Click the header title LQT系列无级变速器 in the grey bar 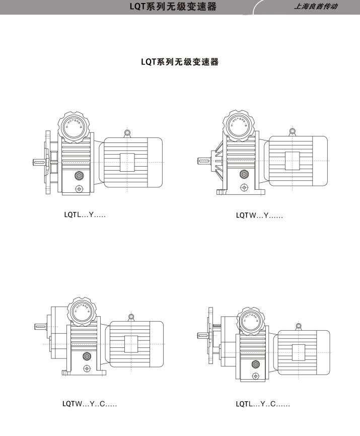(x=173, y=7)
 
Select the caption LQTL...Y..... (x=85, y=215)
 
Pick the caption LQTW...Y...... (x=259, y=215)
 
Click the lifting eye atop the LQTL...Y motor (x=127, y=133)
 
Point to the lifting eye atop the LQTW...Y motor (x=292, y=133)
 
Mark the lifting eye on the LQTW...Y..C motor (x=131, y=317)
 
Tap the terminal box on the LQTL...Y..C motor (x=298, y=351)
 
